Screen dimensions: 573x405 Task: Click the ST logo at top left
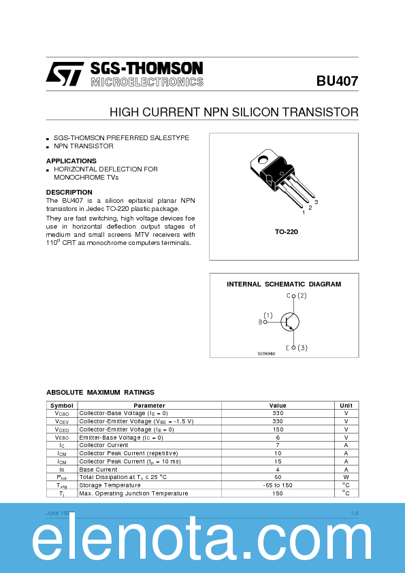tap(65, 73)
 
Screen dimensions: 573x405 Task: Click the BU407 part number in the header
tap(337, 80)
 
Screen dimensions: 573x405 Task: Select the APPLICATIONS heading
tap(71, 161)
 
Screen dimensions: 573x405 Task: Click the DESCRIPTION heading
tap(69, 193)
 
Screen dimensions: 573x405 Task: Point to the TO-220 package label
tap(287, 232)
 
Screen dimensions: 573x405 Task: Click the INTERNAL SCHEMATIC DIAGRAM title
tap(284, 284)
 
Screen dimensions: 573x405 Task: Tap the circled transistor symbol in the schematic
tap(291, 321)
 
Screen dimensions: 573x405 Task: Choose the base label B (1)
tap(265, 318)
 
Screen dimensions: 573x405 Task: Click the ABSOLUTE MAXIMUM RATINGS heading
tap(100, 392)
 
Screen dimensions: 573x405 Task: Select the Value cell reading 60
tap(278, 477)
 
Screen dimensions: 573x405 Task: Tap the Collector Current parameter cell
tap(103, 445)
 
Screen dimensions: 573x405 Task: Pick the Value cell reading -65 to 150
tap(278, 485)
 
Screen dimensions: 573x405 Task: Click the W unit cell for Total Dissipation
tap(346, 477)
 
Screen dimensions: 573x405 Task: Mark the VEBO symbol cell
tap(61, 437)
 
